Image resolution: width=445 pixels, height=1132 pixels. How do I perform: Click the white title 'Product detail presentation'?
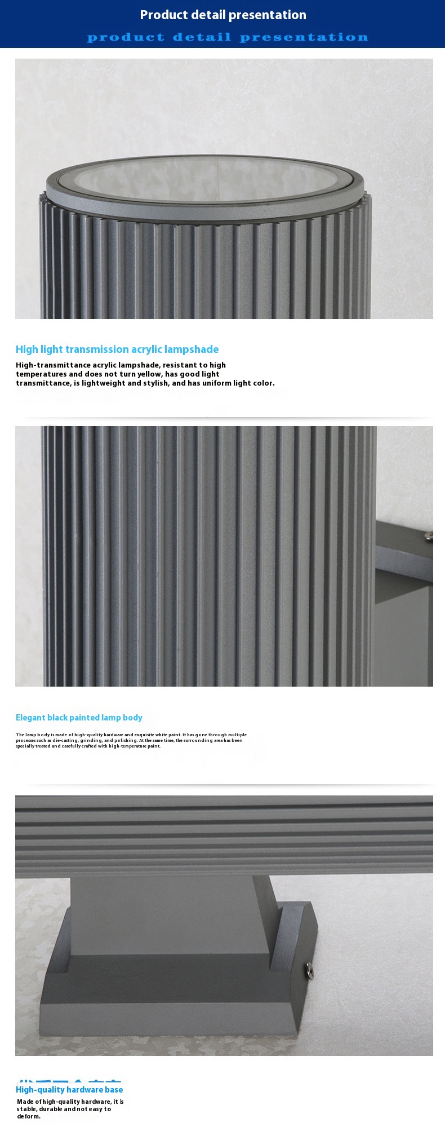pyautogui.click(x=223, y=15)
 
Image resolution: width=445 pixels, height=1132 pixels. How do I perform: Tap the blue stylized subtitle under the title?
pyautogui.click(x=228, y=37)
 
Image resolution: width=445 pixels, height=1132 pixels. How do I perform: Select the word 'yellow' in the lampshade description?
pyautogui.click(x=149, y=374)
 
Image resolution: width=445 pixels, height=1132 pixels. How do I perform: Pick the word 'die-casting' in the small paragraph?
pyautogui.click(x=66, y=740)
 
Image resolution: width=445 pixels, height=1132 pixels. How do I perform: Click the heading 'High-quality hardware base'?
pyautogui.click(x=69, y=1090)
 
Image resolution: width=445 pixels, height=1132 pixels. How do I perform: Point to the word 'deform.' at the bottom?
pyautogui.click(x=29, y=1116)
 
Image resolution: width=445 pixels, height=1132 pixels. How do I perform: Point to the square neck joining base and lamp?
pyautogui.click(x=169, y=913)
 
